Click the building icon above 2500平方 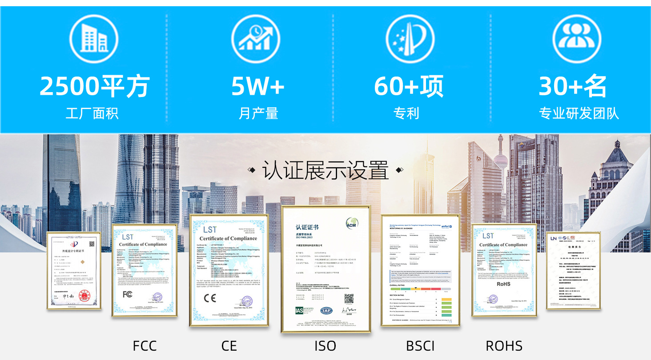pos(94,39)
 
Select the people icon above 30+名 pos(576,39)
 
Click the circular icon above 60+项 pos(410,39)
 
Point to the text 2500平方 pos(94,86)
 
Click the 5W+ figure pos(257,86)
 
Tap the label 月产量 pos(258,113)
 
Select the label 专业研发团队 pos(579,113)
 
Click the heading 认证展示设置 pos(325,171)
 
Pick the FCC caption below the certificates pos(145,346)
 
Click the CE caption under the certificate pos(229,346)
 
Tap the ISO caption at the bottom pos(325,346)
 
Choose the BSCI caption pos(420,346)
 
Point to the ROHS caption pos(504,346)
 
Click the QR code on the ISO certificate pos(349,299)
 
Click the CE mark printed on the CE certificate pos(209,298)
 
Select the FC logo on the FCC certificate pos(128,294)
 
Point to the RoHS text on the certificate pos(503,284)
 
